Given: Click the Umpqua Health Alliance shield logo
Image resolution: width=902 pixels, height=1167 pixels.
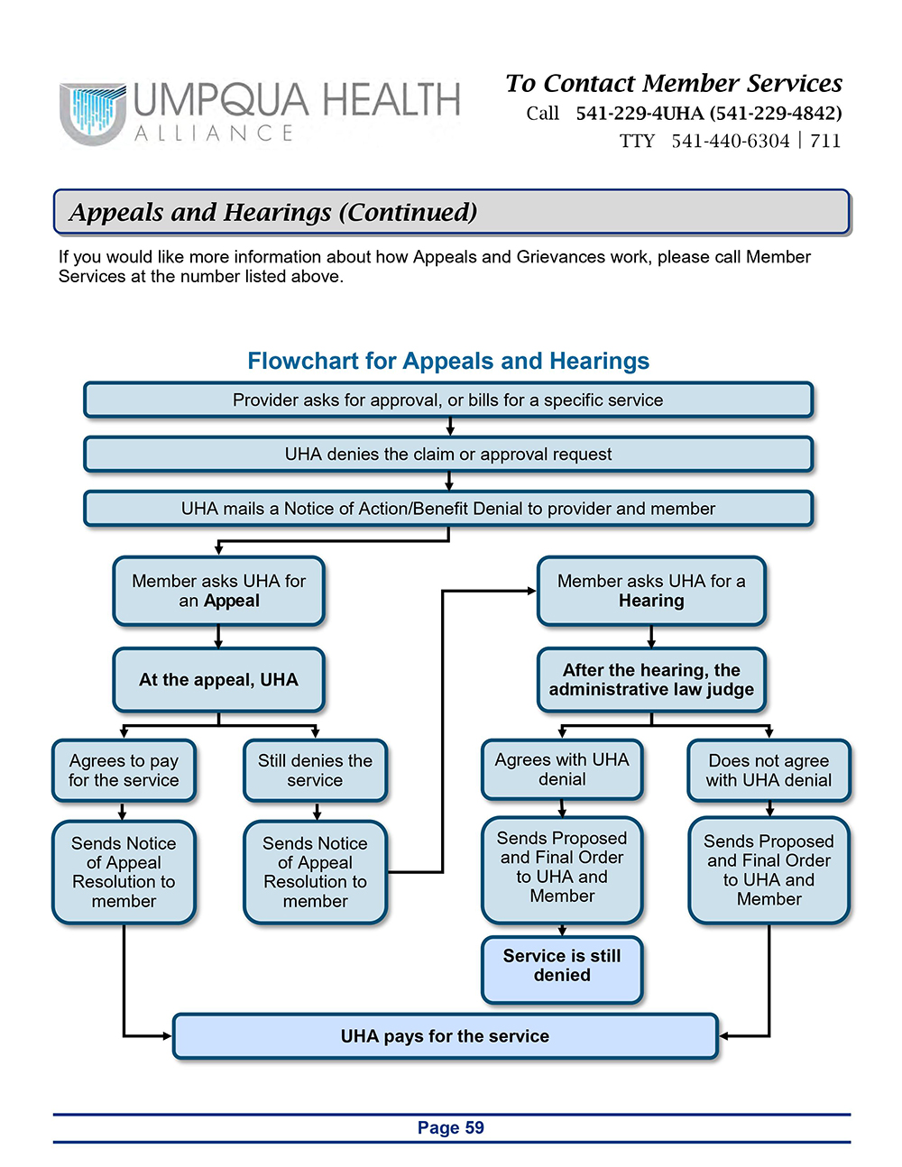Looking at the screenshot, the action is [92, 114].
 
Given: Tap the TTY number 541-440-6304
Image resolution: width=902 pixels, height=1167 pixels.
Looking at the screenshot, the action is [731, 141].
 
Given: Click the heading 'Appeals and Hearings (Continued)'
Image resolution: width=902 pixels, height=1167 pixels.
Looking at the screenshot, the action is [273, 212].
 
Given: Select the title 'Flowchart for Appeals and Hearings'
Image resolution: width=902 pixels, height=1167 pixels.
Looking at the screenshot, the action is [448, 361].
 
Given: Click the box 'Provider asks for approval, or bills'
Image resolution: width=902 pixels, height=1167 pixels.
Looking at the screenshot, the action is [448, 400].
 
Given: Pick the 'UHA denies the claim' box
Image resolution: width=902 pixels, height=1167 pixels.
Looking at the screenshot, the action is [448, 455].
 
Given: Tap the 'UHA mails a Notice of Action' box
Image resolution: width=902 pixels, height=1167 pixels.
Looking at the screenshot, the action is [448, 509].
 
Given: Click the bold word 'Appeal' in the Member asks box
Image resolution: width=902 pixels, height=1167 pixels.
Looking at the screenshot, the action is [232, 601].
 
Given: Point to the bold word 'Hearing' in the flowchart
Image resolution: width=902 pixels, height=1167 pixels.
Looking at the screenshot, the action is [651, 601].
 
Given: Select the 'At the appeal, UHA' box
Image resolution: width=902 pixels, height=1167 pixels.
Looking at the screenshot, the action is [218, 680].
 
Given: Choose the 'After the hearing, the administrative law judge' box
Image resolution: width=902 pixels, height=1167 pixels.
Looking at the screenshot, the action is [651, 680].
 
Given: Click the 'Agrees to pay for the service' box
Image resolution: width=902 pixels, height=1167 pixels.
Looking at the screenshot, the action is [124, 771].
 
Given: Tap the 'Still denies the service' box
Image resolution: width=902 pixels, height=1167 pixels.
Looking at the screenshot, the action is [315, 771].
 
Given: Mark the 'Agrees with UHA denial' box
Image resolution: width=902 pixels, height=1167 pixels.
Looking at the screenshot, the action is [562, 769].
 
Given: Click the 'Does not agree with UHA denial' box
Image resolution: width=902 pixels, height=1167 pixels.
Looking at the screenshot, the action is [769, 771].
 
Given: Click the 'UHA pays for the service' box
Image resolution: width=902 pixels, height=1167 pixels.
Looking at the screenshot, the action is [445, 1036].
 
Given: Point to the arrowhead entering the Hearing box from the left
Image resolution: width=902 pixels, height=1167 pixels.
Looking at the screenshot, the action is [532, 591].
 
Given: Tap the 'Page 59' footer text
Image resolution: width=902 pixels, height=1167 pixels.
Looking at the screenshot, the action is [451, 1128].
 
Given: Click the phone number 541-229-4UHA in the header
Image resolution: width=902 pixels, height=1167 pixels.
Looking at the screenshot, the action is [640, 114].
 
